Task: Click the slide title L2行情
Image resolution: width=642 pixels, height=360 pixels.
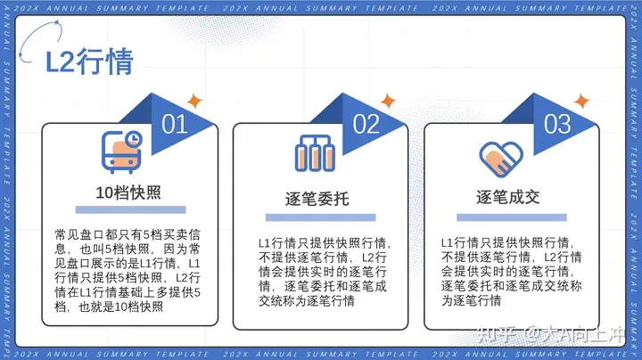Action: point(89,61)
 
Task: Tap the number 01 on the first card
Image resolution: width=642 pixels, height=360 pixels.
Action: point(175,124)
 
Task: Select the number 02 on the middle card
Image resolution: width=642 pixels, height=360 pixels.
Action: point(366,124)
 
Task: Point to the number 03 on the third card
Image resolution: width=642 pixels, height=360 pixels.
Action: point(557,124)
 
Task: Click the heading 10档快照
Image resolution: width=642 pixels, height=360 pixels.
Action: point(128,192)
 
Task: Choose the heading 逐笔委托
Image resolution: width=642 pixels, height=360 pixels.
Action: point(317,199)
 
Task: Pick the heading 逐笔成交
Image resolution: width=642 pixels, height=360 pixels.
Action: point(508,197)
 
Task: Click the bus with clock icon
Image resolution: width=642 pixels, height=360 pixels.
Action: point(121,152)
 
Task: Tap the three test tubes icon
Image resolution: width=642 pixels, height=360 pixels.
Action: point(315,153)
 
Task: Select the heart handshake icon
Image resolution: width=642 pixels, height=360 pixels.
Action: point(501,160)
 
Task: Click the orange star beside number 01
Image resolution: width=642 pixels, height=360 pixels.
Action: point(194,101)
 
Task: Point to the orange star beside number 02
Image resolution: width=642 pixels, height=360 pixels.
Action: point(387,101)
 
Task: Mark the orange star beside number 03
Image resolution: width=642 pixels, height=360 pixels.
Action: point(581,101)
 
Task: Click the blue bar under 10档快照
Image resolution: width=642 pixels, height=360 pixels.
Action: point(130,210)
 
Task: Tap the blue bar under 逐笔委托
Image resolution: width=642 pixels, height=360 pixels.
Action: point(321,217)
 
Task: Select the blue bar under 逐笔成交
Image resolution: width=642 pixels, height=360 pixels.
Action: point(512,217)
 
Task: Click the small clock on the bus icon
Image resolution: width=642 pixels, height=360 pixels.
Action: point(133,139)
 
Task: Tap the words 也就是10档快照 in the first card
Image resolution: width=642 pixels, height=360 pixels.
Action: point(120,307)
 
